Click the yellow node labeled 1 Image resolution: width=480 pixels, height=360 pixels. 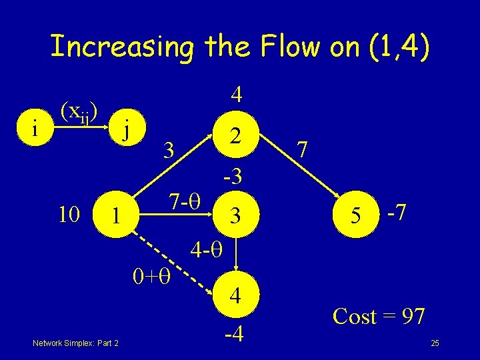point(116,216)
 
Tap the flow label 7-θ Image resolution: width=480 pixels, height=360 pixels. point(186,199)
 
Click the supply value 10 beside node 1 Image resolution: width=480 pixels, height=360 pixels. point(69,215)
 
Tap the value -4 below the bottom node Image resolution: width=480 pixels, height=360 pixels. point(234,331)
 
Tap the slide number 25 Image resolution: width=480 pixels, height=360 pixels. point(435,343)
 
